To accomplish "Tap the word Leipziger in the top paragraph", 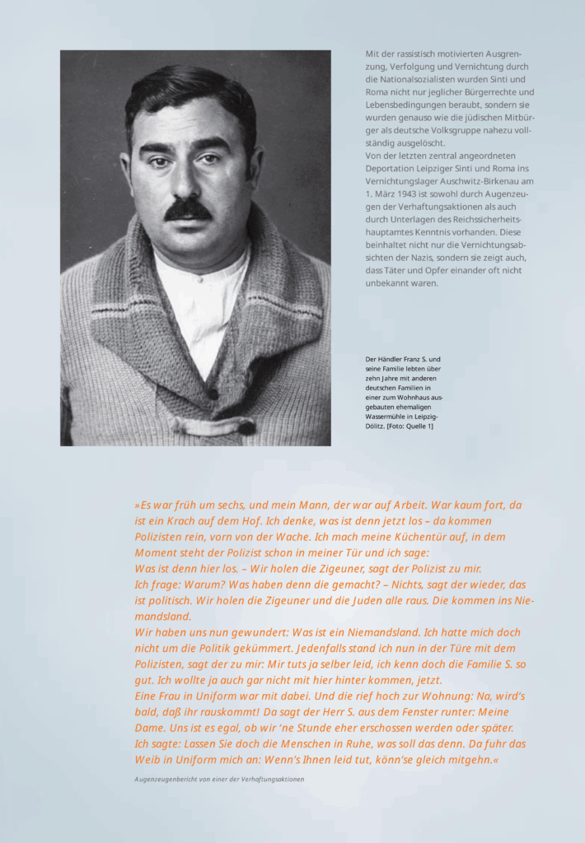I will [437, 168].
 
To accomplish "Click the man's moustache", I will [188, 210].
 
